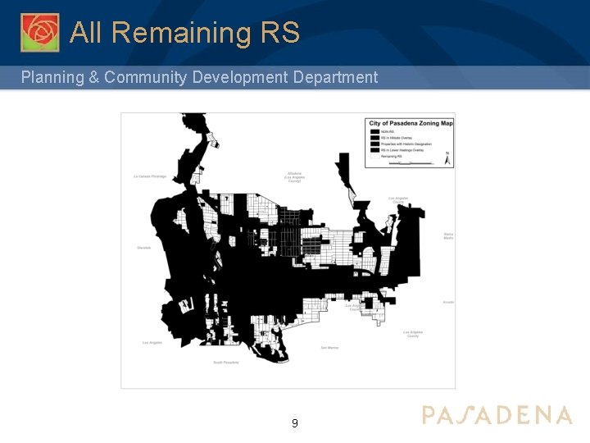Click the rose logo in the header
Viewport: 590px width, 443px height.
click(x=39, y=33)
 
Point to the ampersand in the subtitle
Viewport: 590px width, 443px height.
click(x=93, y=78)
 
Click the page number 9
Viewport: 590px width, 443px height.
click(x=295, y=423)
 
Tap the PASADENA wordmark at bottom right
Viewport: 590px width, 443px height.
click(x=497, y=415)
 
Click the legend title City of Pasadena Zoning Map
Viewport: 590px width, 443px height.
click(x=411, y=123)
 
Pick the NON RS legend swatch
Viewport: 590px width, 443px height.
click(x=374, y=131)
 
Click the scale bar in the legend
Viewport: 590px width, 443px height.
click(x=410, y=163)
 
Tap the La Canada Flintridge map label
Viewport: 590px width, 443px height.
click(x=150, y=176)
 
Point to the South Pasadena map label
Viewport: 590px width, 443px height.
click(x=225, y=362)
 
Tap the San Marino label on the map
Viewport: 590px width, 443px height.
click(x=329, y=348)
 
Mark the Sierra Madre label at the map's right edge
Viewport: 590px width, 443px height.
click(x=448, y=235)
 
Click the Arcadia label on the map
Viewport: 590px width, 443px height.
click(x=447, y=302)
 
